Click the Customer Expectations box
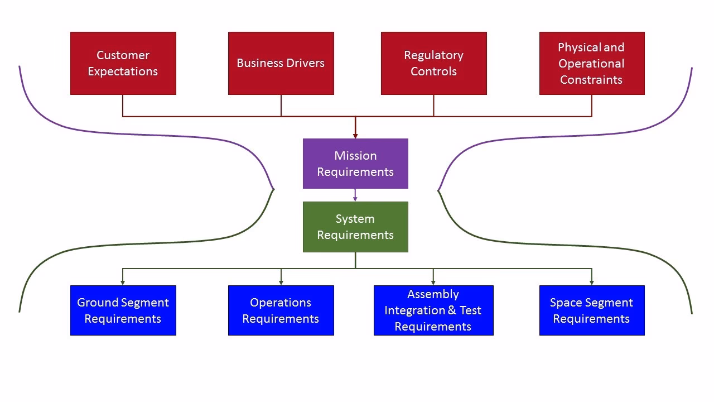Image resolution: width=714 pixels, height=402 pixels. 123,63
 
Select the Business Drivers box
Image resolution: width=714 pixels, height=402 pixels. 281,63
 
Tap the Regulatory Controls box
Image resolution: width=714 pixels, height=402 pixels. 433,63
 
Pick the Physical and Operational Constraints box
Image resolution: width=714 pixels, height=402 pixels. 591,63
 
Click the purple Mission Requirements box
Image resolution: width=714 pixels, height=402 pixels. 355,164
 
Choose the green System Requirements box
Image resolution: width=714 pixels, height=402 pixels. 355,227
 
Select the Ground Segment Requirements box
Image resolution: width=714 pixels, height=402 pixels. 123,310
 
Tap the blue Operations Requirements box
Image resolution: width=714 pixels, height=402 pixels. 281,310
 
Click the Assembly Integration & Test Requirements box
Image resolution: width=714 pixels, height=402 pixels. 433,310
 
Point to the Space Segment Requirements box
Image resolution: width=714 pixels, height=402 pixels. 591,310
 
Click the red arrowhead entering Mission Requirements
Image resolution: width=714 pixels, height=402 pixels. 355,136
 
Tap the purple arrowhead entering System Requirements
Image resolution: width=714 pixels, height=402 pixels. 355,199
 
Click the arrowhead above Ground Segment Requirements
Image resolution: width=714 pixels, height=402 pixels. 123,283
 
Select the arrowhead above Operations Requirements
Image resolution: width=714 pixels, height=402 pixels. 281,283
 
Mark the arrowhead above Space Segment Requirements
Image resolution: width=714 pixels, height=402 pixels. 591,283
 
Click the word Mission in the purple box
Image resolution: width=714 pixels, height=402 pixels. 355,156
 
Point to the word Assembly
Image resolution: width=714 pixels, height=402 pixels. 433,294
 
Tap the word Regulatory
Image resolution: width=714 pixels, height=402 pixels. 433,55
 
